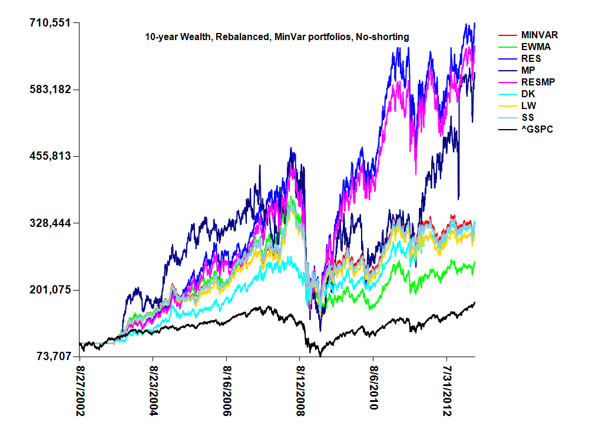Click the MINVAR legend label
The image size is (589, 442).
pyautogui.click(x=540, y=35)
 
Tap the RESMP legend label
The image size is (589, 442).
pyautogui.click(x=537, y=83)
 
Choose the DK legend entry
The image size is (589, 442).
pyautogui.click(x=528, y=94)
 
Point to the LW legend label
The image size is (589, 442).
pyautogui.click(x=528, y=106)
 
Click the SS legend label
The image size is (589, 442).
pyautogui.click(x=527, y=118)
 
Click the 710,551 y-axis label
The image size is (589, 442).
pyautogui.click(x=49, y=23)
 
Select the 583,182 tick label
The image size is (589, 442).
pyautogui.click(x=49, y=90)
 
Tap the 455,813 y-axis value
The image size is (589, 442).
pyautogui.click(x=49, y=156)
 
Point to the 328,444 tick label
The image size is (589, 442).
pyautogui.click(x=49, y=223)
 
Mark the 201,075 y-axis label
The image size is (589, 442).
pyautogui.click(x=49, y=290)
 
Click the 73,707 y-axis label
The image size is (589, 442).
pyautogui.click(x=52, y=357)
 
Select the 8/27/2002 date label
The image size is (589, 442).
pyautogui.click(x=81, y=390)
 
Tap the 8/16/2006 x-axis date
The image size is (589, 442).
pyautogui.click(x=227, y=390)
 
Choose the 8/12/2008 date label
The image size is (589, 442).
pyautogui.click(x=300, y=390)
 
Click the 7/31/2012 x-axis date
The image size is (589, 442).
pyautogui.click(x=447, y=390)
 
